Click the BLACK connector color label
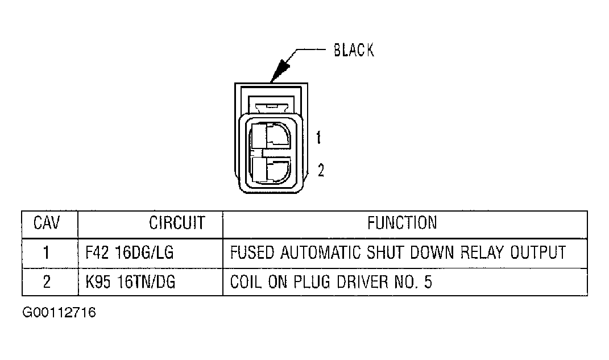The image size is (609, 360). [354, 51]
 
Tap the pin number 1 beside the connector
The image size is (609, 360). [319, 137]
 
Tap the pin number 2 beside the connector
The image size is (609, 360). [321, 170]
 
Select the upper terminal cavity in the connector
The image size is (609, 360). [270, 136]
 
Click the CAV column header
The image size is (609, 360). [48, 223]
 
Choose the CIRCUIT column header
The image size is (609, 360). [176, 223]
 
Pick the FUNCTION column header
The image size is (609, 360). [402, 222]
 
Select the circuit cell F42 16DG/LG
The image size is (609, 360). [129, 253]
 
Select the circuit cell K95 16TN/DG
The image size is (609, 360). [130, 282]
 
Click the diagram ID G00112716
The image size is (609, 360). [59, 313]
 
